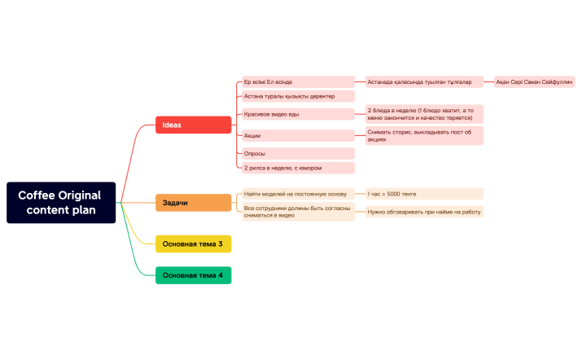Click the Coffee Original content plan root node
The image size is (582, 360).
62,202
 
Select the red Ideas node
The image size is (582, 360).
194,125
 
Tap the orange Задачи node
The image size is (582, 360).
194,202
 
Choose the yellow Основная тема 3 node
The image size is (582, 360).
194,244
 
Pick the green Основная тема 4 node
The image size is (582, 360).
194,275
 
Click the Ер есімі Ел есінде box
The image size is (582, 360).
298,82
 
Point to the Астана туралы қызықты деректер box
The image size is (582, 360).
298,96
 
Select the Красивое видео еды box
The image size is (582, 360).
298,114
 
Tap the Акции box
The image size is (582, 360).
298,135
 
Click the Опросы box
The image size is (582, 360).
298,153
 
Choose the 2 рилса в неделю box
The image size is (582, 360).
298,168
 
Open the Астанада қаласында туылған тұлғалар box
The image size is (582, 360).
423,82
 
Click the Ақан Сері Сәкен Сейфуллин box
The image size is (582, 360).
535,82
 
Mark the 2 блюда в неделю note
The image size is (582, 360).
423,113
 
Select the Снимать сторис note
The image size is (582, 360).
423,135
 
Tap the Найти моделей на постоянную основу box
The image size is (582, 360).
298,194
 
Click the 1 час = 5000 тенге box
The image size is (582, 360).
423,194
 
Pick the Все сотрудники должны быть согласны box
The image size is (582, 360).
298,212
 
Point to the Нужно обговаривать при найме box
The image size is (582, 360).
423,212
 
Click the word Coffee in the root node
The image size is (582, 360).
37,195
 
